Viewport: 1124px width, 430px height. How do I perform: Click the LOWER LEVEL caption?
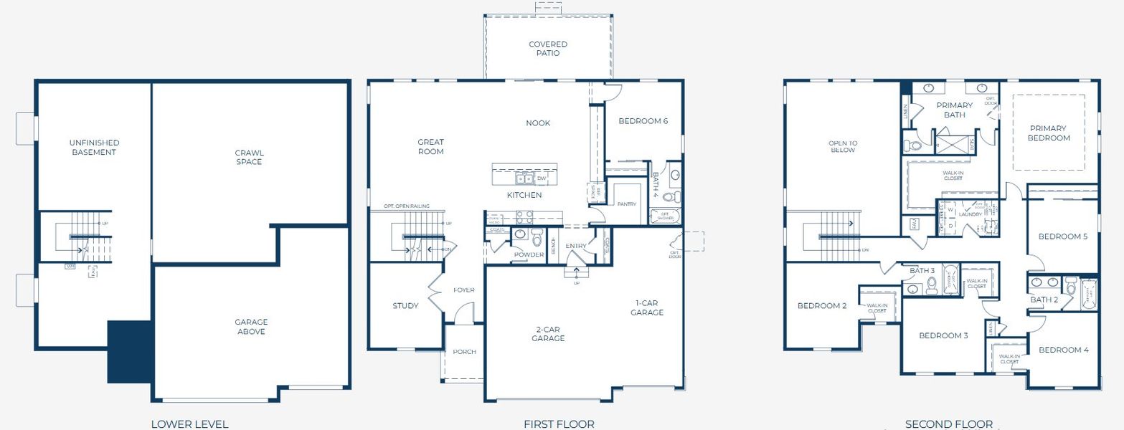[189, 424]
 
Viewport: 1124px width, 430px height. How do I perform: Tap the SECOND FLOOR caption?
[948, 424]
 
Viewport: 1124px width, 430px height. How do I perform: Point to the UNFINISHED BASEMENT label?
[94, 148]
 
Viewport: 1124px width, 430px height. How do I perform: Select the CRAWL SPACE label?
[249, 157]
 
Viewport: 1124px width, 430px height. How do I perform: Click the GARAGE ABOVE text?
[250, 327]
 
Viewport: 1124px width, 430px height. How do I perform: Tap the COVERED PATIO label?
[548, 49]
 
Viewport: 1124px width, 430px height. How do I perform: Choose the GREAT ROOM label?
[430, 147]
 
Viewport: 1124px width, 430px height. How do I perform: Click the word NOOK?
[538, 123]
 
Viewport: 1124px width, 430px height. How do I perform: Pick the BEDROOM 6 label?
[643, 121]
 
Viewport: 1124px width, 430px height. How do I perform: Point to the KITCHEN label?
[524, 195]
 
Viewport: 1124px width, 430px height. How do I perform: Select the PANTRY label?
[626, 204]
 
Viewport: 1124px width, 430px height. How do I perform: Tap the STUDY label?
[405, 306]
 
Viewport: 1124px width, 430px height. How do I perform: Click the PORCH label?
[464, 352]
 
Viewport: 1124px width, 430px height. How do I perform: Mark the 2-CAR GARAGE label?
[549, 334]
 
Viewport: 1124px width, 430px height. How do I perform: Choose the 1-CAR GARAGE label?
[647, 307]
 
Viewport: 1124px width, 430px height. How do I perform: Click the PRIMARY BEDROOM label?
[1048, 133]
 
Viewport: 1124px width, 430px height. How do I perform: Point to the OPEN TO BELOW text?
[842, 147]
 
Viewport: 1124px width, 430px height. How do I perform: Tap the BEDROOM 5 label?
[1063, 236]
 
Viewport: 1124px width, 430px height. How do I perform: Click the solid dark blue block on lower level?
[129, 351]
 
